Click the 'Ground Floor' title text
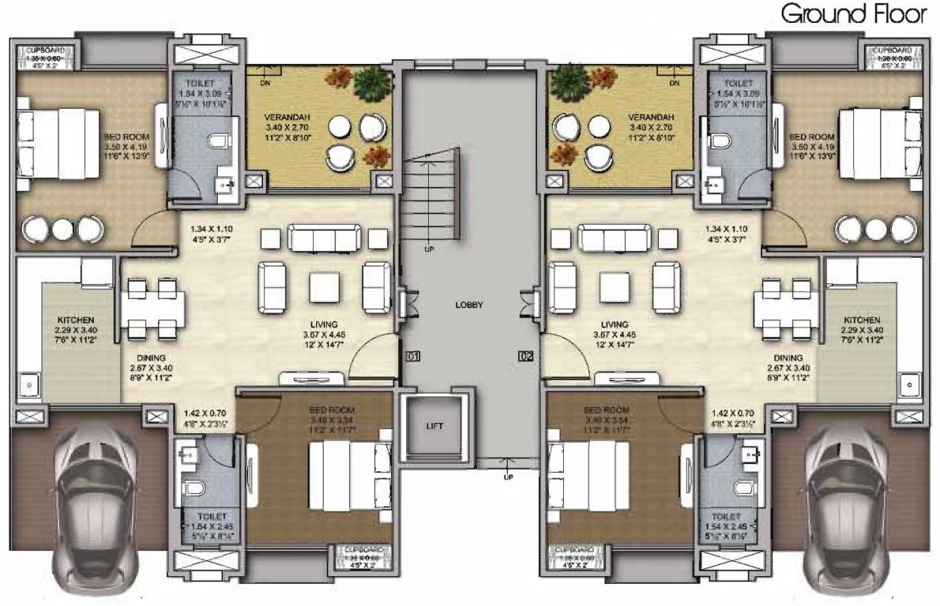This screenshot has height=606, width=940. pos(852,15)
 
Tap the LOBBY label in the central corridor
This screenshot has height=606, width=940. pos(469,304)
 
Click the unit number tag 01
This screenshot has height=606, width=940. pos(412,356)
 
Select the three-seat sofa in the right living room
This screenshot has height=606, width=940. pos(614,237)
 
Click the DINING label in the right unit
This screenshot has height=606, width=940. pos(788,357)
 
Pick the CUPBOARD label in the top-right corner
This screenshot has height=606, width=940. pos(892,49)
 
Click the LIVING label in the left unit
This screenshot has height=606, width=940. pos(324,324)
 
